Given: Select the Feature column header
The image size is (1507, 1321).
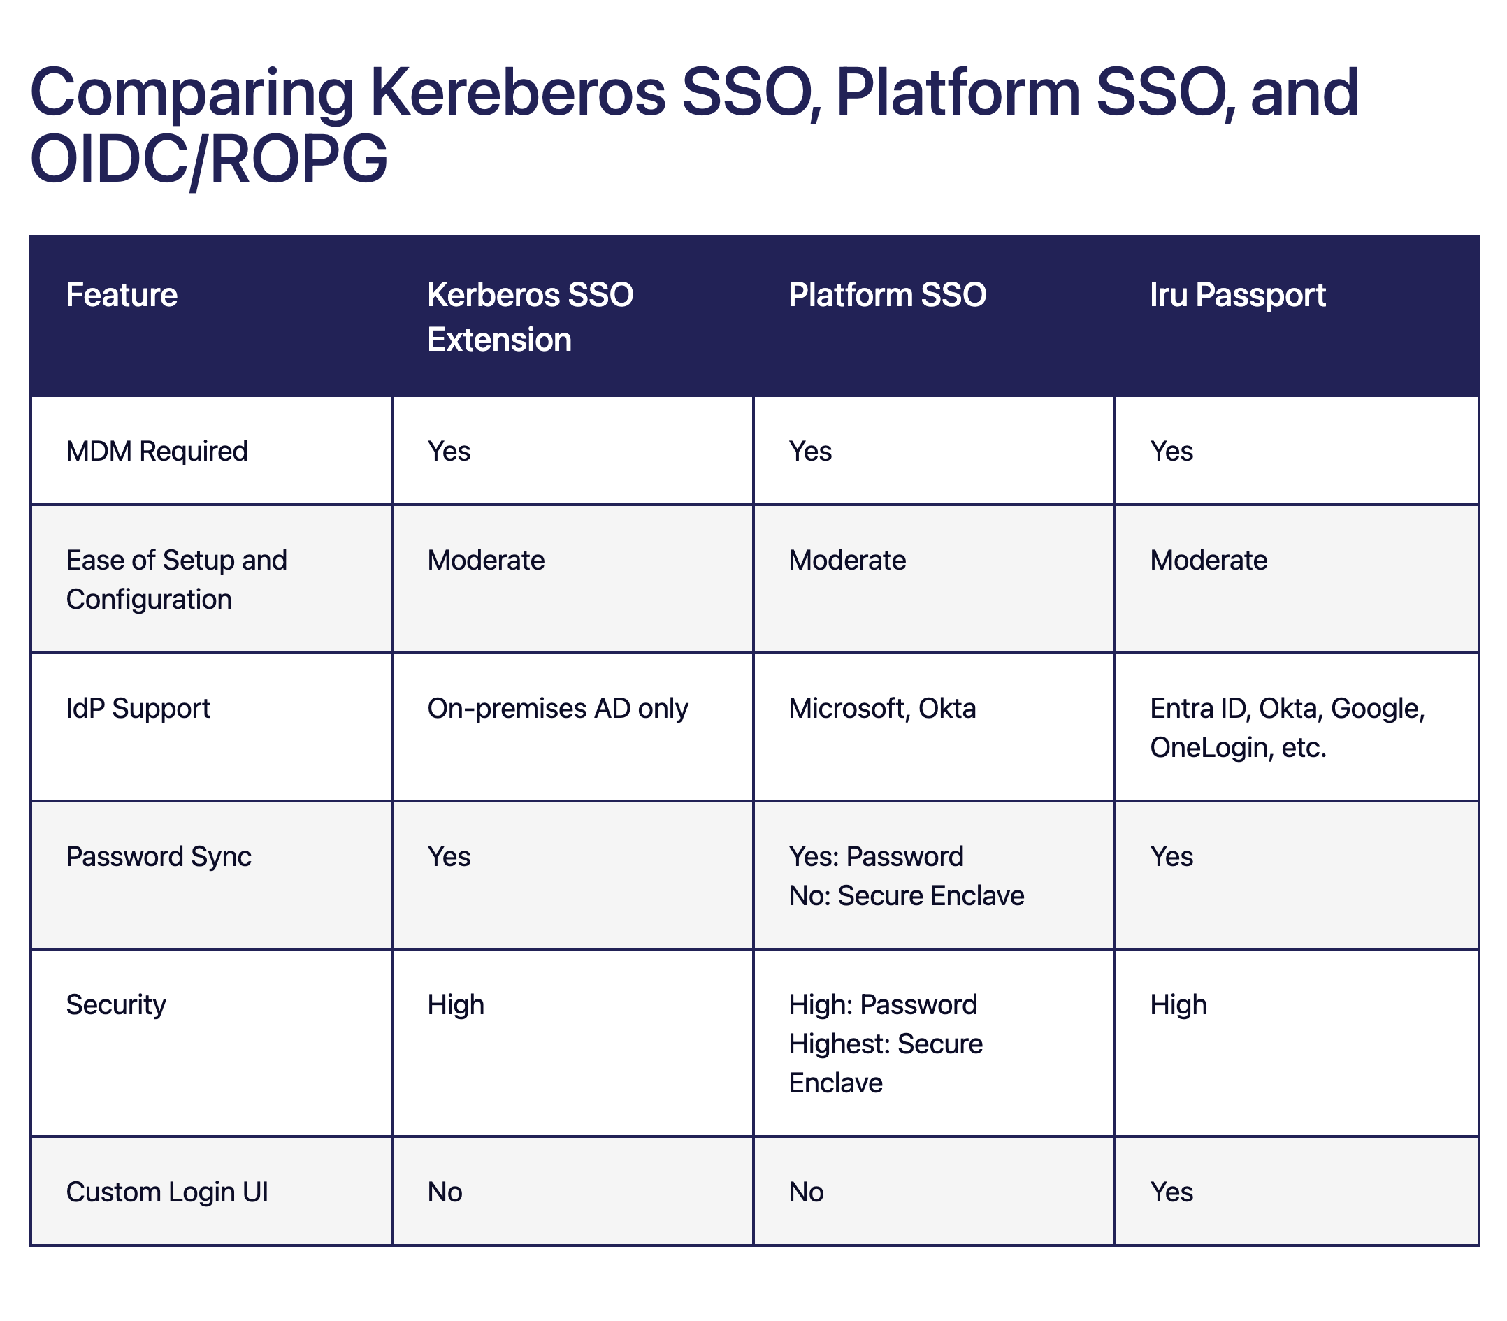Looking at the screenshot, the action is [122, 295].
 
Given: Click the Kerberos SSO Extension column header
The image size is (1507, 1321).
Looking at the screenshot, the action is [530, 317].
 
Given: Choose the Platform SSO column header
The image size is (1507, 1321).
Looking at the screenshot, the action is [888, 295].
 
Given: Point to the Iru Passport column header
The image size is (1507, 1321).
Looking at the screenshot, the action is [1238, 296].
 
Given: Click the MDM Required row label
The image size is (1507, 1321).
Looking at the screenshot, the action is [157, 451].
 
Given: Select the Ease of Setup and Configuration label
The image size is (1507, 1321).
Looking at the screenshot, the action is [176, 579].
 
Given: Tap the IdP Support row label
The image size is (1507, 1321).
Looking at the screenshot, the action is [138, 709].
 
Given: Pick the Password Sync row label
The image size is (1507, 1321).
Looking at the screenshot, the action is [159, 857].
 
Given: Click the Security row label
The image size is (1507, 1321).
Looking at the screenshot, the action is [116, 1005].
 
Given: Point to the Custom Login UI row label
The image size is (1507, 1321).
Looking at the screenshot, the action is [166, 1192].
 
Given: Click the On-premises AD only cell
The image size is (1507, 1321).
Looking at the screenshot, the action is [557, 709].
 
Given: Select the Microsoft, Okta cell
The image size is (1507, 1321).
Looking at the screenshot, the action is [883, 709].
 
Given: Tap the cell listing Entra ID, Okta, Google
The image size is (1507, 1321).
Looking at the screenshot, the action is [1288, 728].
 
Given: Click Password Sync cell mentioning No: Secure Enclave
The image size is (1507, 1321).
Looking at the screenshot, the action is [906, 876].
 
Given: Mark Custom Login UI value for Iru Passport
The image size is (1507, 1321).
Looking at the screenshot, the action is [1171, 1192].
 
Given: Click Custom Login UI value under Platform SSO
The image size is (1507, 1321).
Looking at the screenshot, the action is [806, 1192].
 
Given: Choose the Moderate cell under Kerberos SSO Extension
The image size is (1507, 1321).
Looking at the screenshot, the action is [486, 561].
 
